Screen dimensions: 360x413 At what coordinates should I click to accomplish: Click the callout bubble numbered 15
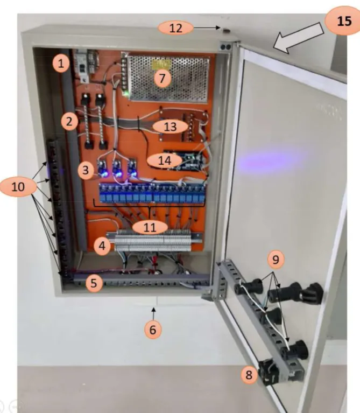[x=343, y=20]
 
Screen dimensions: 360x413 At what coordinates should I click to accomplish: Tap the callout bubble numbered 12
[x=175, y=27]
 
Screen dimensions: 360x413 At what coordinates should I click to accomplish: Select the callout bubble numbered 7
[x=162, y=79]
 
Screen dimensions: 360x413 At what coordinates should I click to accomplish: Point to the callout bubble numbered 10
[x=18, y=187]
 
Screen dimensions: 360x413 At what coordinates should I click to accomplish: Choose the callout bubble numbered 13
[x=170, y=127]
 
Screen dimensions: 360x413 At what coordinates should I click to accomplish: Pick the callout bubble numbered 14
[x=165, y=160]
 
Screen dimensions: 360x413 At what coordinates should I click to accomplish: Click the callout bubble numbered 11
[x=150, y=227]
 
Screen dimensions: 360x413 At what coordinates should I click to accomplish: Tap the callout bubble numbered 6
[x=153, y=330]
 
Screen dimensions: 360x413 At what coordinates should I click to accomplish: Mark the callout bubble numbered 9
[x=276, y=260]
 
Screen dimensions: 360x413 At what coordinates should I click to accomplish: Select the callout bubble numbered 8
[x=249, y=375]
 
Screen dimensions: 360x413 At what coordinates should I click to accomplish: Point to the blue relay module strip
[x=152, y=194]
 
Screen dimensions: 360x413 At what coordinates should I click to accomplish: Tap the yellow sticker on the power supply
[x=161, y=64]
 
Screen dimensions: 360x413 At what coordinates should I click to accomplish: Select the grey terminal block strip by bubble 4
[x=153, y=241]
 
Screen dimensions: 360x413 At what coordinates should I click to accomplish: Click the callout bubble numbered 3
[x=86, y=170]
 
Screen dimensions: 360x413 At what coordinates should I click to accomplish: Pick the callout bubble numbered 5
[x=94, y=283]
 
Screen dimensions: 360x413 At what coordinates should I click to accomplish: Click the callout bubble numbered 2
[x=69, y=122]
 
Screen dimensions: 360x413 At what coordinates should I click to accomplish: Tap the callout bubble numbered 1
[x=61, y=64]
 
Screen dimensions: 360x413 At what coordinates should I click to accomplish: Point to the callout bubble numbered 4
[x=102, y=246]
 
